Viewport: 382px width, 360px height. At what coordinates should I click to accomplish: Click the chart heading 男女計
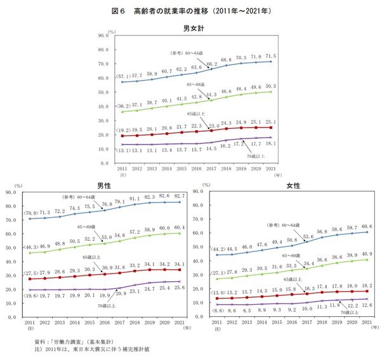click(x=193, y=28)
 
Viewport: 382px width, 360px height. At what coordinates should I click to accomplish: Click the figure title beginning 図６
click(x=191, y=11)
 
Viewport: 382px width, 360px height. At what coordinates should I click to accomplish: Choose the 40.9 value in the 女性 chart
click(x=367, y=255)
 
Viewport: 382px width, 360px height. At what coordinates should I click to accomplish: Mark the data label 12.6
click(x=367, y=305)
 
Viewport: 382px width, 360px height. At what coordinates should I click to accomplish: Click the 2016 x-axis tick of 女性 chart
click(x=292, y=322)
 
